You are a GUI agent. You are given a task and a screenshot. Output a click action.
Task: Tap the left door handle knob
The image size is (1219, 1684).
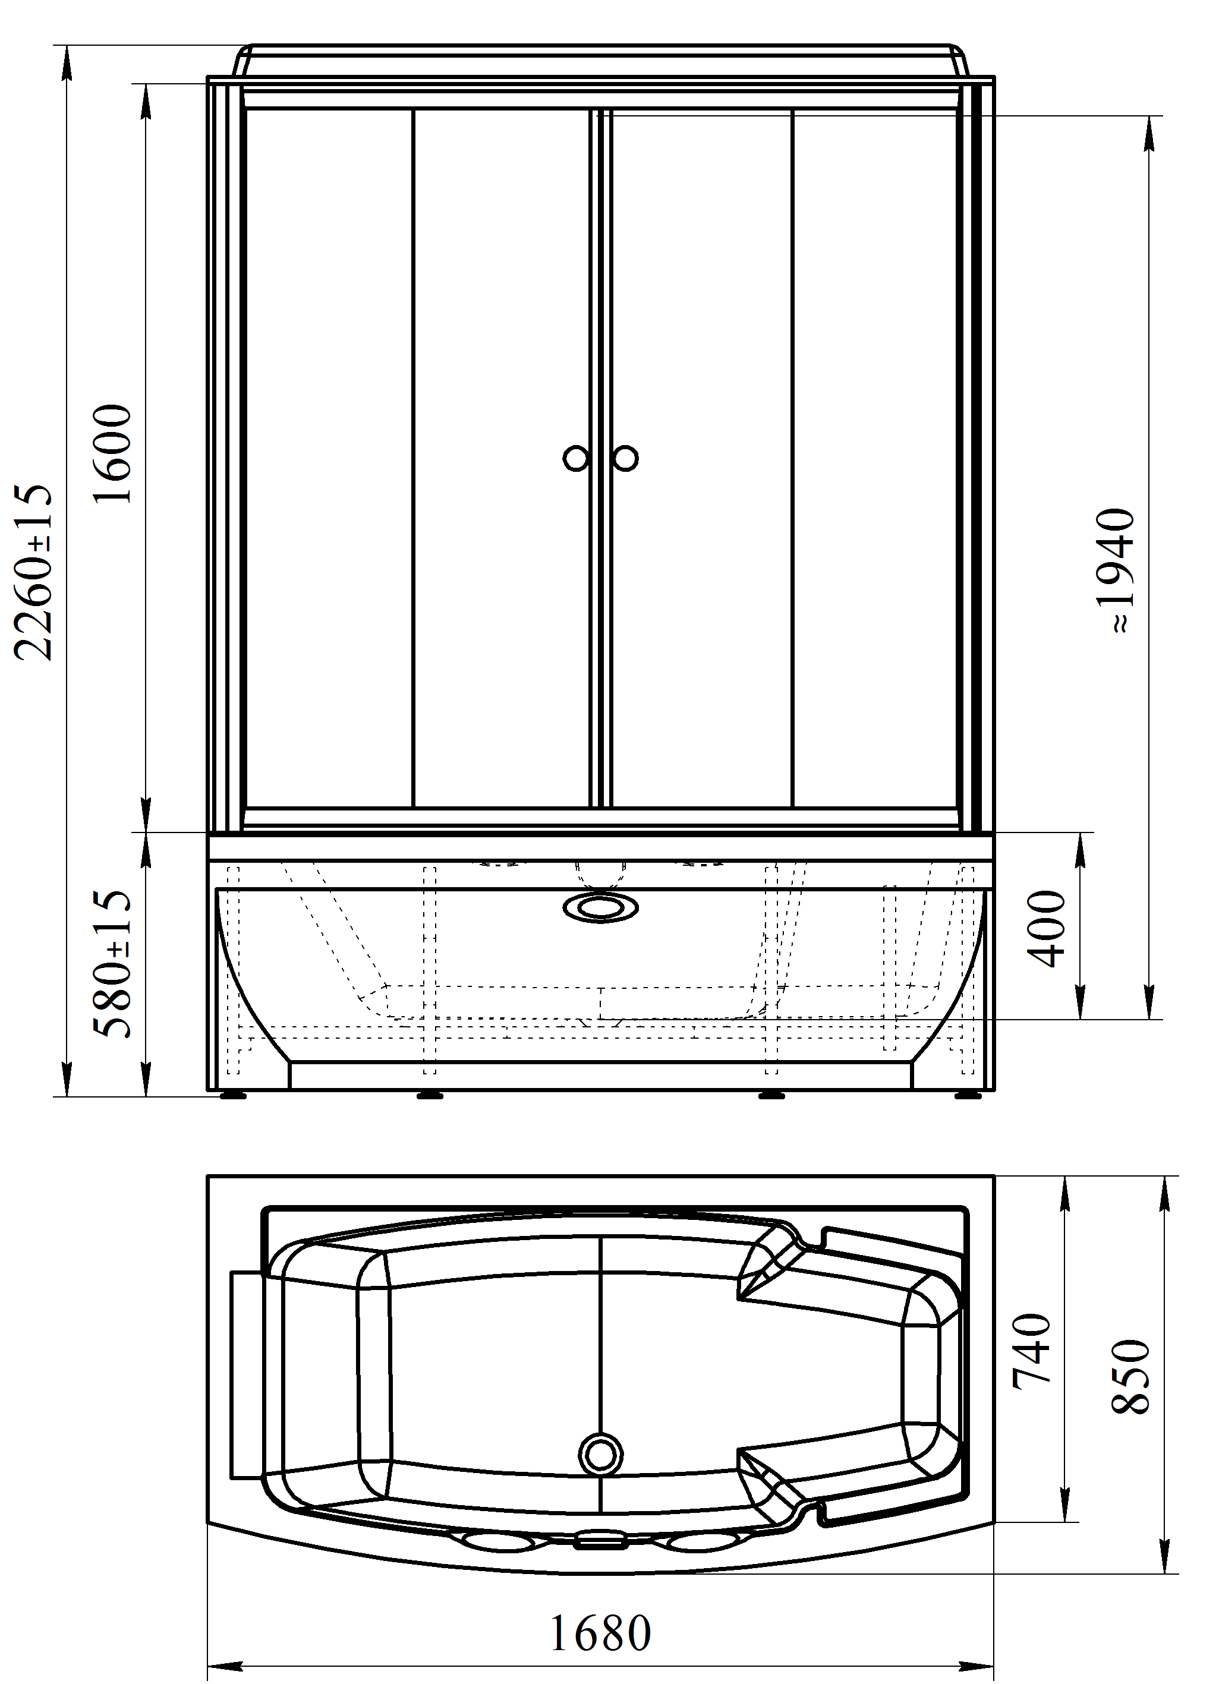click(x=576, y=458)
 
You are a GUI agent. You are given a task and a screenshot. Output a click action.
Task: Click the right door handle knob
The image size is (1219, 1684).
click(x=625, y=458)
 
